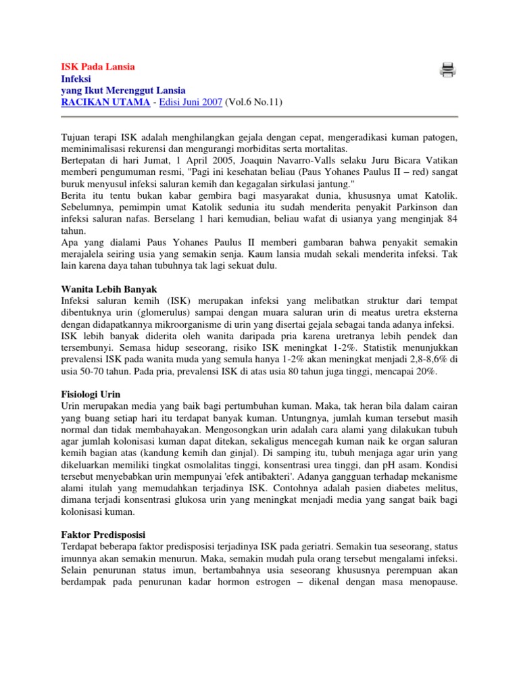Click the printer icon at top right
coord(447,70)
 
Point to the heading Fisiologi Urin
coord(91,393)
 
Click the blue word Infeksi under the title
coord(76,78)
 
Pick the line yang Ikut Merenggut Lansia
coord(123,90)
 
